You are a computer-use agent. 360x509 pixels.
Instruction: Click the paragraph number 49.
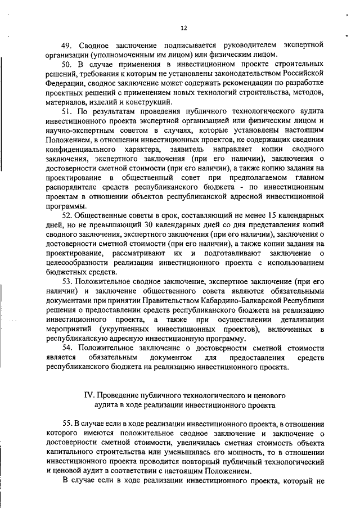67,46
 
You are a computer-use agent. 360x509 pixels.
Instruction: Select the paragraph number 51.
67,112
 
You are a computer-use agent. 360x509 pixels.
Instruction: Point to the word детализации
303,319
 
